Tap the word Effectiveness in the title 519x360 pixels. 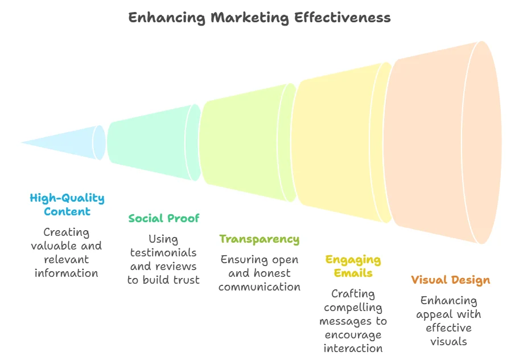tap(343, 18)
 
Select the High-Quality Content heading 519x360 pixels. tap(67, 205)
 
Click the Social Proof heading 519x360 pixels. tap(164, 218)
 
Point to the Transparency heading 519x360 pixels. tap(259, 239)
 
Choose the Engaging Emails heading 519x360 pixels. tap(353, 266)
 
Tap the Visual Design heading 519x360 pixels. tap(450, 280)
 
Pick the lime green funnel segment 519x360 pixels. tap(245, 142)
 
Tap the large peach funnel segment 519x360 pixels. tap(438, 142)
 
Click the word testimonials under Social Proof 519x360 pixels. tap(163, 252)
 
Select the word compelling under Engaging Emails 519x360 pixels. tap(353, 308)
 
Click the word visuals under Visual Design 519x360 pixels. tap(448, 341)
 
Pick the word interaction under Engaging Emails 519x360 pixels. tap(353, 348)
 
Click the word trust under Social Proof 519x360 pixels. tap(186, 280)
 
